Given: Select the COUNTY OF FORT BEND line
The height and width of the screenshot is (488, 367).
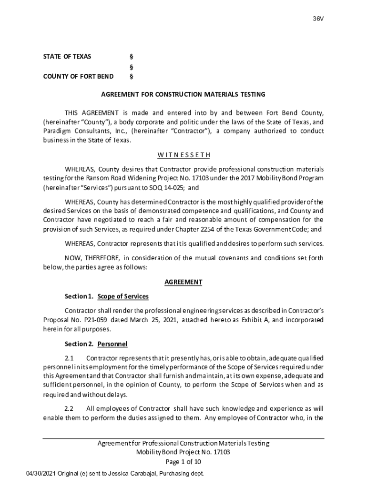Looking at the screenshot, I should (78, 76).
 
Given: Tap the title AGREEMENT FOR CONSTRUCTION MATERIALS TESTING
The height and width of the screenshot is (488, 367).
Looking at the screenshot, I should (183, 94).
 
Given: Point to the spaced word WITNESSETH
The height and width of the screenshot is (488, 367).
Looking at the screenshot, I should (183, 155).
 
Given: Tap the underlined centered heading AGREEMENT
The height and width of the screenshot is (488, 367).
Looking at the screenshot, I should (183, 282).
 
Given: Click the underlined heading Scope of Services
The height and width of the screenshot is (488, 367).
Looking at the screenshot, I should (123, 296).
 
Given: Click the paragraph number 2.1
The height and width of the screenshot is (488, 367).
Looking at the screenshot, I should (69, 358).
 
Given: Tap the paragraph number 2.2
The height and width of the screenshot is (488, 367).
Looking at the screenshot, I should (69, 408).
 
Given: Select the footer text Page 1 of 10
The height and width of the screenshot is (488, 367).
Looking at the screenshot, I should (183, 462).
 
